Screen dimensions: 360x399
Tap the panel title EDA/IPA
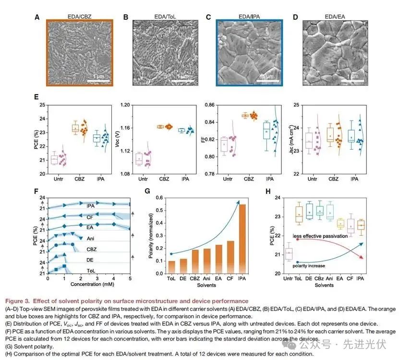pos(250,16)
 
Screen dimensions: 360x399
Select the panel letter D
pos(295,17)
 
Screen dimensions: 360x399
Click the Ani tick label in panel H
pos(330,279)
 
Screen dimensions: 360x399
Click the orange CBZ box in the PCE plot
pos(75,128)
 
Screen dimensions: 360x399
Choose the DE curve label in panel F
pos(90,260)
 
